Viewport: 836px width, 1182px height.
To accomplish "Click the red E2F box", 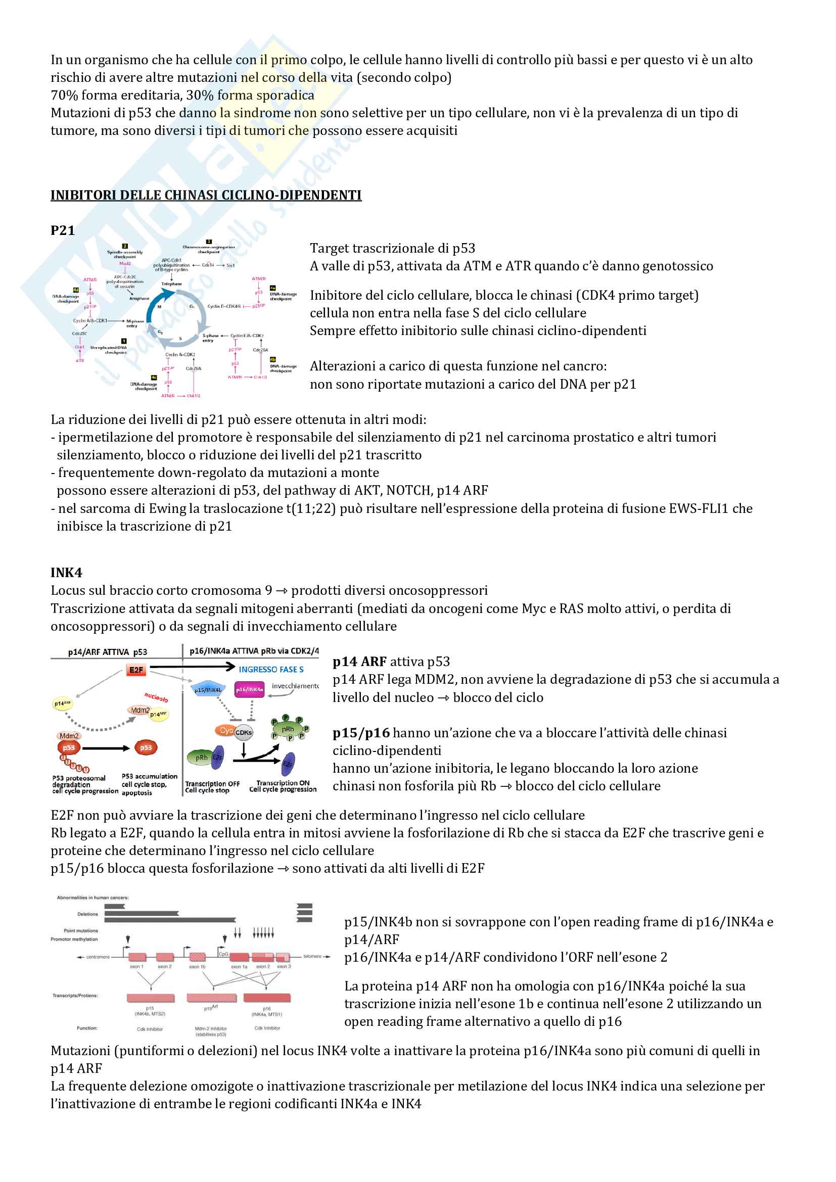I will [x=136, y=670].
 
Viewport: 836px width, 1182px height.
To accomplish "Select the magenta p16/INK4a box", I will [x=249, y=689].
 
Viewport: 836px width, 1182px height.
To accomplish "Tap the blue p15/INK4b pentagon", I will [x=207, y=689].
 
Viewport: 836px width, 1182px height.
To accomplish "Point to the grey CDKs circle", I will [x=244, y=732].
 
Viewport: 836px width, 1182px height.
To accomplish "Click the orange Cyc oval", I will [x=225, y=730].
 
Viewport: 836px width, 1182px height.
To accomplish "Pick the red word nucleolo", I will [x=156, y=697].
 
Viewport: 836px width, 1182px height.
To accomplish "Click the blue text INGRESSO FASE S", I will [x=271, y=669].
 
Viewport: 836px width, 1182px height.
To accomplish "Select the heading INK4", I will [x=66, y=573].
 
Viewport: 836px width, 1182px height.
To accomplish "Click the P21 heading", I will [x=62, y=230].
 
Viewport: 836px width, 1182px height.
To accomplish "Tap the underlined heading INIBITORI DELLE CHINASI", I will [x=206, y=195].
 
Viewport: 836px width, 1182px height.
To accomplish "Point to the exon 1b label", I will [x=197, y=967].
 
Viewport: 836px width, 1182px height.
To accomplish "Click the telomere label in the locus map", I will [x=312, y=957].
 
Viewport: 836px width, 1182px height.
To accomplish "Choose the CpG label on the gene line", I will [x=223, y=954].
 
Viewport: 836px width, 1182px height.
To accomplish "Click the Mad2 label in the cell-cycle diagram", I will [x=125, y=263].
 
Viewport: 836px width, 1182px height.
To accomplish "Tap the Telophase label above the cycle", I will [x=171, y=283].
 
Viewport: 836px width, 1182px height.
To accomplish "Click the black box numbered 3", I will [x=208, y=242].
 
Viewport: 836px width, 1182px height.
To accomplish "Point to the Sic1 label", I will [x=230, y=265].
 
